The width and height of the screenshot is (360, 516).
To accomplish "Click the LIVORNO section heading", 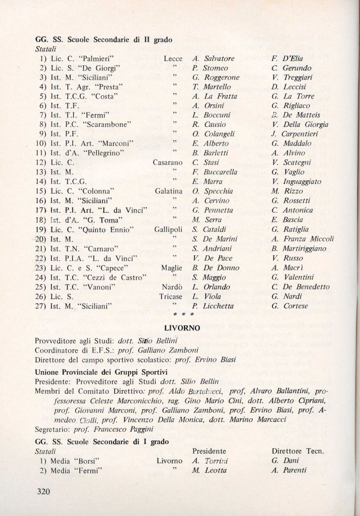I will point(183,327).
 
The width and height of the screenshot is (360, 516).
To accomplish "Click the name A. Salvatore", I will point(213,59).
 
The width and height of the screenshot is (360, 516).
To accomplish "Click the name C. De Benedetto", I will point(300,286).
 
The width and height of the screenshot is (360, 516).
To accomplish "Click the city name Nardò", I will point(171,286).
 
